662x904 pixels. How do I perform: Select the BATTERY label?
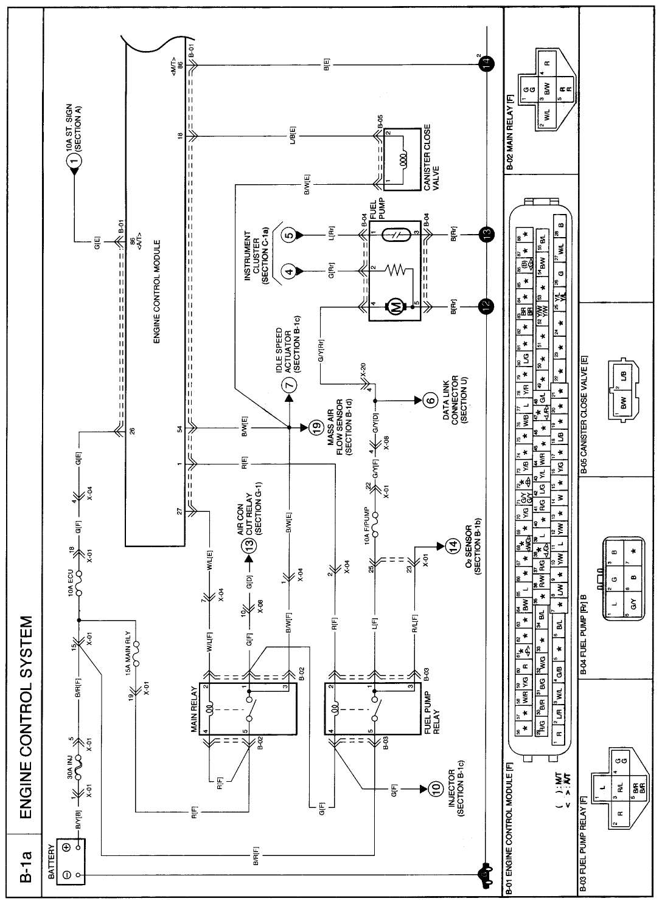[x=52, y=858]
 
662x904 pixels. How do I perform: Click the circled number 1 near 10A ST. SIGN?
[x=74, y=160]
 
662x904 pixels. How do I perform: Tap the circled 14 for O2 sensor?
[x=451, y=547]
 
